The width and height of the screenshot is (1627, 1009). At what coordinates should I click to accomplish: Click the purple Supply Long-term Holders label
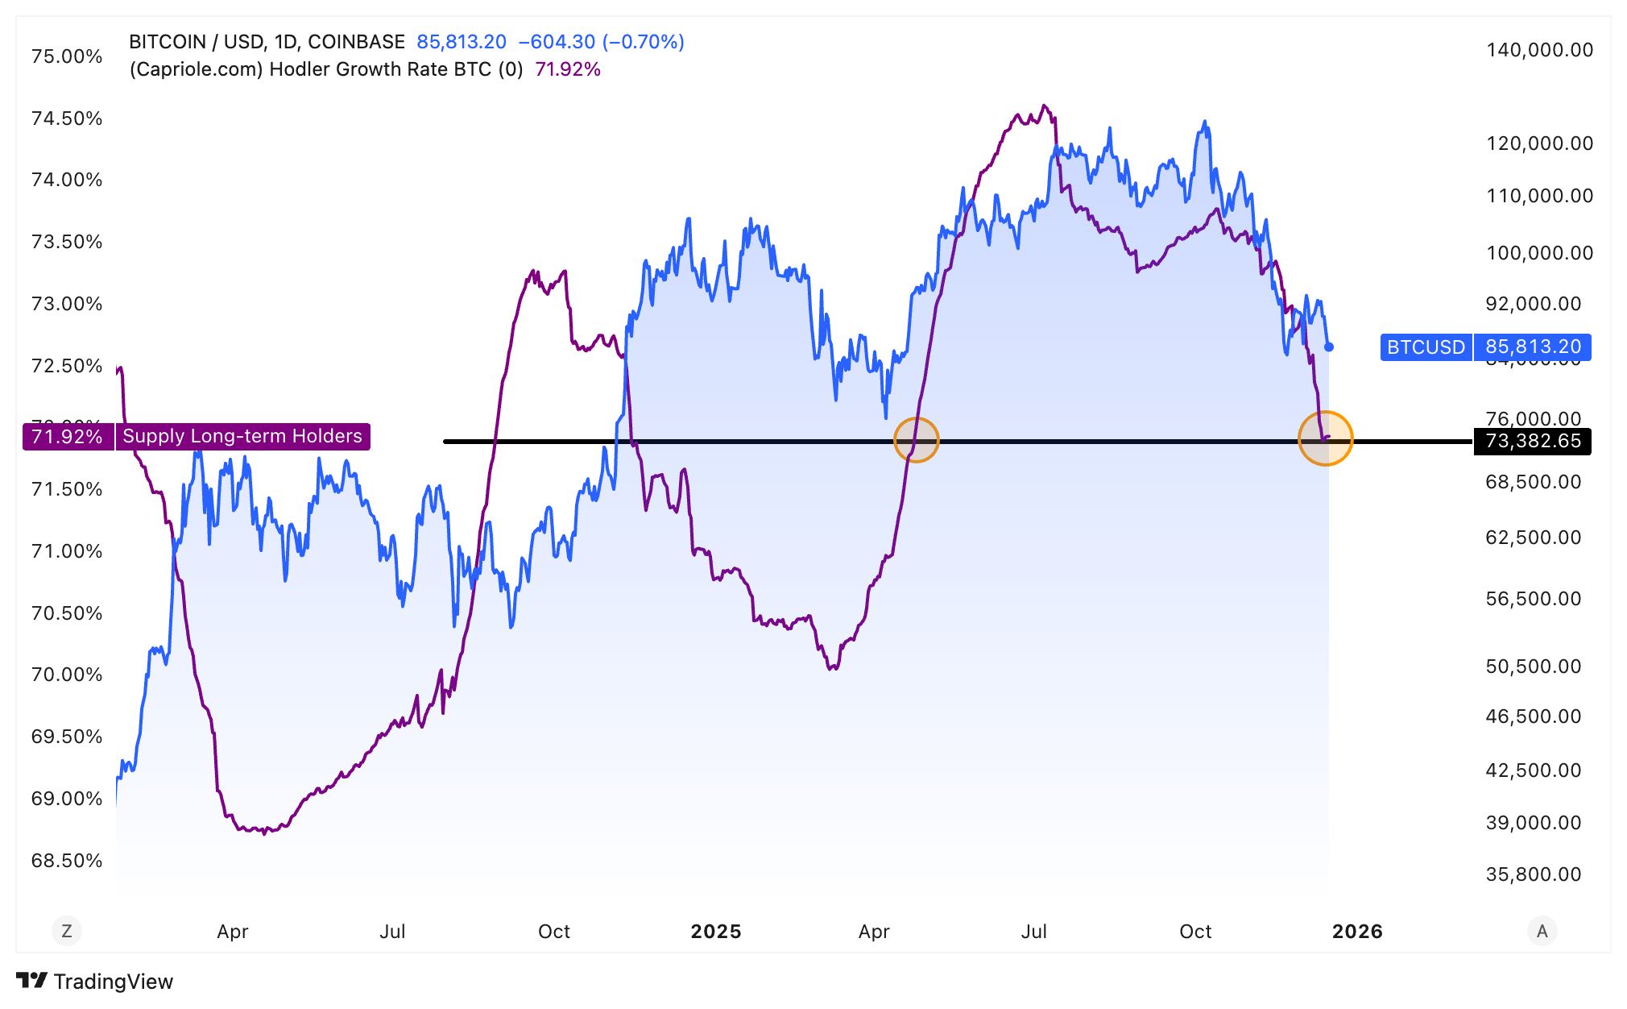242,437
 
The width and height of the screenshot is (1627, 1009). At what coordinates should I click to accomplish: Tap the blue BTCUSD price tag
1426,347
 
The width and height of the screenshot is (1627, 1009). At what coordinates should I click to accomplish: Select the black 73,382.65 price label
1532,442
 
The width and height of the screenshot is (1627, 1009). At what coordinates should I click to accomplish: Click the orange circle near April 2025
917,440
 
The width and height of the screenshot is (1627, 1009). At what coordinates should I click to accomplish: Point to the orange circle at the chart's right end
1325,438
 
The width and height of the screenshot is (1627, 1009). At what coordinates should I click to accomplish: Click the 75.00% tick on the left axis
67,56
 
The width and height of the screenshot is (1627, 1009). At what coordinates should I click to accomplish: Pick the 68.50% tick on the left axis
67,861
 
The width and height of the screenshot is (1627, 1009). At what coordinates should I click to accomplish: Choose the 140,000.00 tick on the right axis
1539,50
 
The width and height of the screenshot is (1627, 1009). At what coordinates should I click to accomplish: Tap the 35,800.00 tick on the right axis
1533,874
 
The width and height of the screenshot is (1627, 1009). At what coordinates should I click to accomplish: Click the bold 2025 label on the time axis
715,932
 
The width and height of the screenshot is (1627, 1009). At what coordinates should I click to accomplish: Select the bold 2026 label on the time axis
1357,932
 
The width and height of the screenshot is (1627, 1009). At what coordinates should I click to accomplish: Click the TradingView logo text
113,982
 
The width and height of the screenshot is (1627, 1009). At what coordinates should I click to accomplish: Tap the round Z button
67,932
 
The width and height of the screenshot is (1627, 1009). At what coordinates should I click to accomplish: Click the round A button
1542,932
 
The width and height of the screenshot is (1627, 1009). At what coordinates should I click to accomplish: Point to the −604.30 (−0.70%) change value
601,42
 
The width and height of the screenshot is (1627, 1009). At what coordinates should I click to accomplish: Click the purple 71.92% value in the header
568,69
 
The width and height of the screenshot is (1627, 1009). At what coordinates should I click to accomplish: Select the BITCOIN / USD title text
267,42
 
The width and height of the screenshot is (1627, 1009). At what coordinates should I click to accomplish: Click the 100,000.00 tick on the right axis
1539,253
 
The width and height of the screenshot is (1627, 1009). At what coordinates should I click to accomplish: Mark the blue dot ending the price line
1329,347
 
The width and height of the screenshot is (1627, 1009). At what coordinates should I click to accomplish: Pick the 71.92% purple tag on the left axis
68,437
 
